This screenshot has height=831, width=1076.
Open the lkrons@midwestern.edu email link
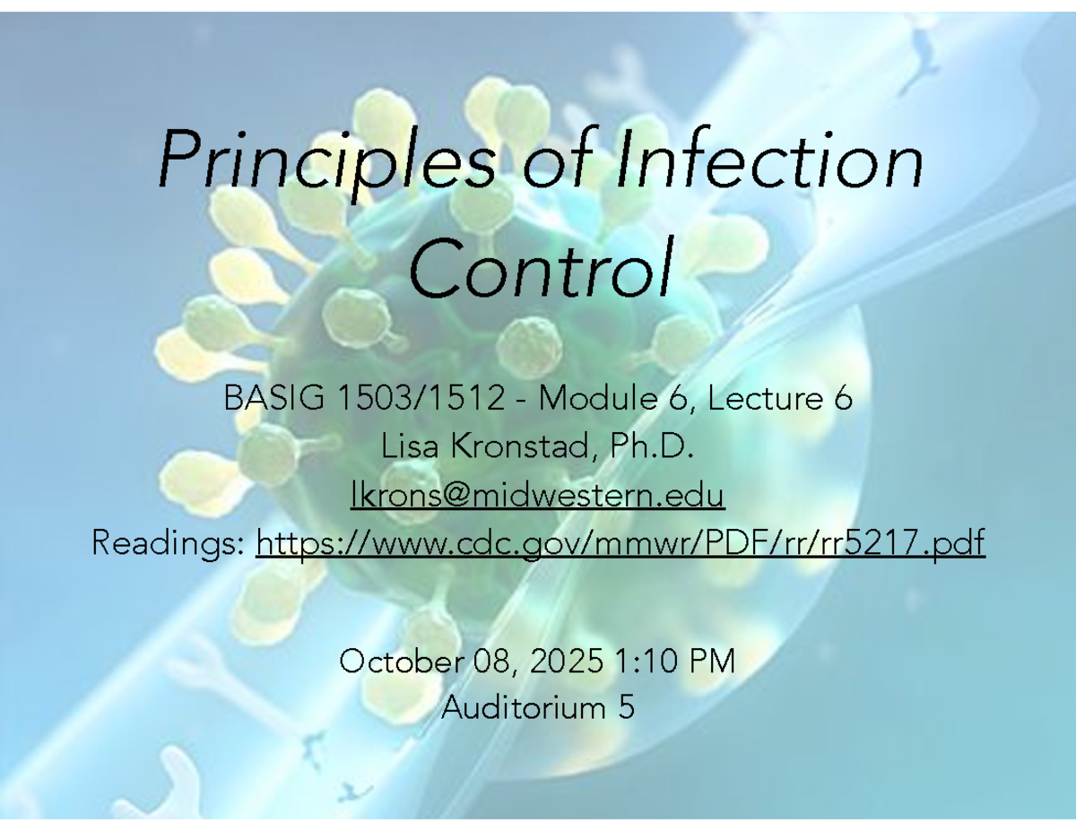coord(537,494)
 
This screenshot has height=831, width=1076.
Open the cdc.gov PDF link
coord(620,541)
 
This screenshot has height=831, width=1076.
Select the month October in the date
coord(396,662)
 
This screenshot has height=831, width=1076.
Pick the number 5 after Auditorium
coord(626,708)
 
